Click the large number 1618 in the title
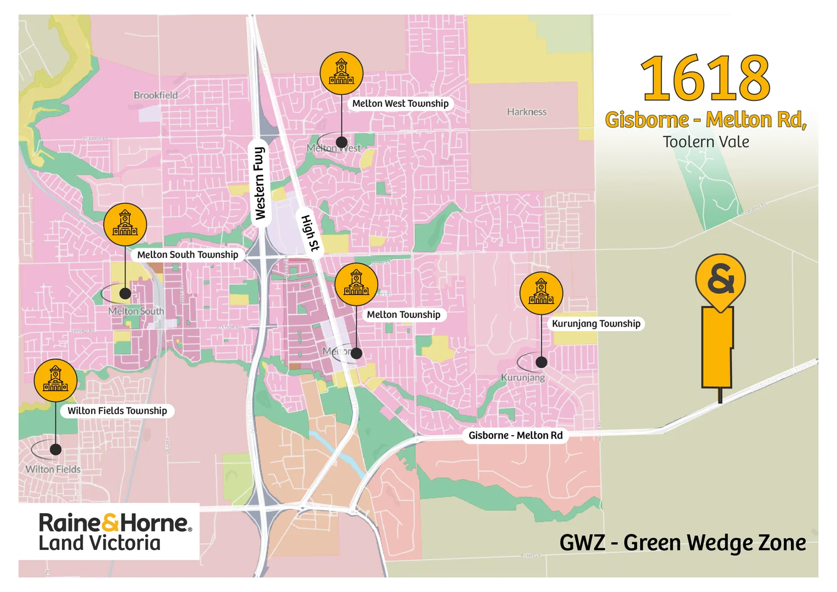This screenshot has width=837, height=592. coord(705,78)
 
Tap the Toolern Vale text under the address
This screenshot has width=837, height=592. coord(705,142)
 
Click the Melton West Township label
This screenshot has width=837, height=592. coord(400,104)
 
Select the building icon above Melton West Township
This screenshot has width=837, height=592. coord(341,73)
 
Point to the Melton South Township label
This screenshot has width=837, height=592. coord(187,255)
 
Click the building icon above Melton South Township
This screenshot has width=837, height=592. coord(125,224)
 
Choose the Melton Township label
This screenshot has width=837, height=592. coord(403,315)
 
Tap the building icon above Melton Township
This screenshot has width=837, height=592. coord(356,284)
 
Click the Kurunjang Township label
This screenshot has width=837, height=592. coord(596,324)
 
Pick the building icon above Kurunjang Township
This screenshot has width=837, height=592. coord(541,293)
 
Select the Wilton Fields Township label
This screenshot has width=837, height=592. coord(117,411)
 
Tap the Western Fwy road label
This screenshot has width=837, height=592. coord(260,183)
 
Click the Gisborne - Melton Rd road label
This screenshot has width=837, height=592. coord(515,436)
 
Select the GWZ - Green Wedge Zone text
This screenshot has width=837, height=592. coord(682,543)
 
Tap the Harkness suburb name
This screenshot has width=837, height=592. coord(526,112)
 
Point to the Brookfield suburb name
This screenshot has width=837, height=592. coord(156,95)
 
